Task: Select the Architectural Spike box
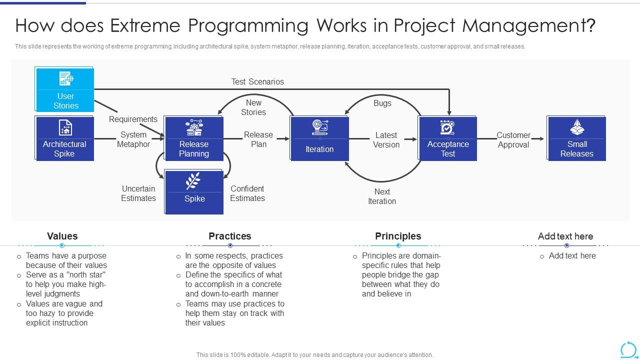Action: coord(64,138)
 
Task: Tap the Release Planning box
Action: coord(194,138)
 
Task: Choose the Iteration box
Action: coord(319,138)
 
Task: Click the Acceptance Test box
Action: coord(448,138)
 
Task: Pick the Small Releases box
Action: coord(577,138)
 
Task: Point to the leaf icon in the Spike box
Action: coord(193,181)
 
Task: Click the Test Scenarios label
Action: coord(257,81)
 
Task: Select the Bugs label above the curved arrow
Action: coord(382,103)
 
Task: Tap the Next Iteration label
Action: coord(382,196)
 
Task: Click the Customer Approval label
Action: coord(513,140)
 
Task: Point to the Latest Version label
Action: coord(386,140)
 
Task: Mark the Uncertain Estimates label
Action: coord(138,193)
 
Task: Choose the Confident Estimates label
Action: coord(247,193)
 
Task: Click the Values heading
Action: coord(62,236)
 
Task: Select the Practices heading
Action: coord(230,236)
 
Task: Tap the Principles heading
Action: coord(398,236)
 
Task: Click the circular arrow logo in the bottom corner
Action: coord(628,349)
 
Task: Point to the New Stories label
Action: coord(253,107)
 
